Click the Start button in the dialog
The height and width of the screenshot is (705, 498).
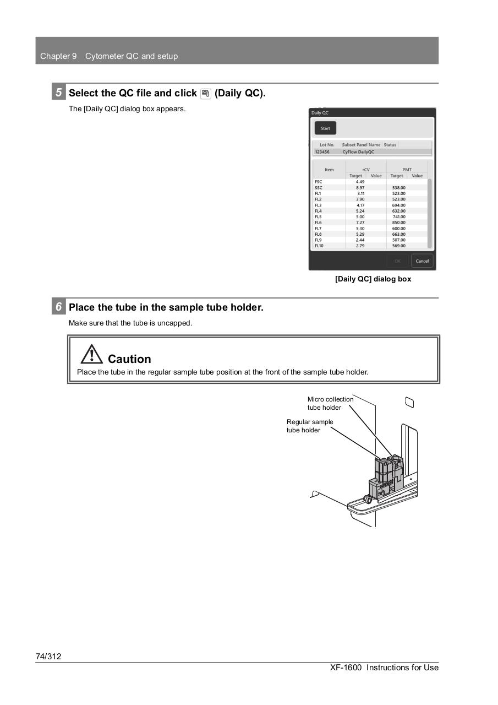pyautogui.click(x=325, y=128)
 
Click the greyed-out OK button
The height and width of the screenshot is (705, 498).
pyautogui.click(x=398, y=261)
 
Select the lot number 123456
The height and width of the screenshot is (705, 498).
pyautogui.click(x=322, y=152)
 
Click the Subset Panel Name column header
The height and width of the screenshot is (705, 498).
pyautogui.click(x=361, y=145)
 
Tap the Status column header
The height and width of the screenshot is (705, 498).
pyautogui.click(x=390, y=145)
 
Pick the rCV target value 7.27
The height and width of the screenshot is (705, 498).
pyautogui.click(x=360, y=223)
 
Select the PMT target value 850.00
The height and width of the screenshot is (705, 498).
pyautogui.click(x=399, y=223)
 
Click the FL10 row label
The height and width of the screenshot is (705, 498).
pyautogui.click(x=319, y=246)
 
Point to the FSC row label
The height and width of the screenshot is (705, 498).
pyautogui.click(x=318, y=182)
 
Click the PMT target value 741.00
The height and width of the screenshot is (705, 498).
pyautogui.click(x=399, y=216)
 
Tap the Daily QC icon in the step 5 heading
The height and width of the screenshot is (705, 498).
pyautogui.click(x=206, y=94)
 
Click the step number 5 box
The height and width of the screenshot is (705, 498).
pyautogui.click(x=58, y=93)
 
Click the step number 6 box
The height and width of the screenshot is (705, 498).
pyautogui.click(x=58, y=307)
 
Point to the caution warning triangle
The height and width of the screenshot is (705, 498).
pyautogui.click(x=91, y=354)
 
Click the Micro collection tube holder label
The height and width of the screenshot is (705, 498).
pyautogui.click(x=330, y=403)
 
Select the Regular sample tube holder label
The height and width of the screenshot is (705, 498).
pyautogui.click(x=310, y=426)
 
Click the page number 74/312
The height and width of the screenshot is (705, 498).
pyautogui.click(x=48, y=656)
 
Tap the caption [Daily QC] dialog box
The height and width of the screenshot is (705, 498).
pyautogui.click(x=373, y=279)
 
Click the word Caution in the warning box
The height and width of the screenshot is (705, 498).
pyautogui.click(x=129, y=359)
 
